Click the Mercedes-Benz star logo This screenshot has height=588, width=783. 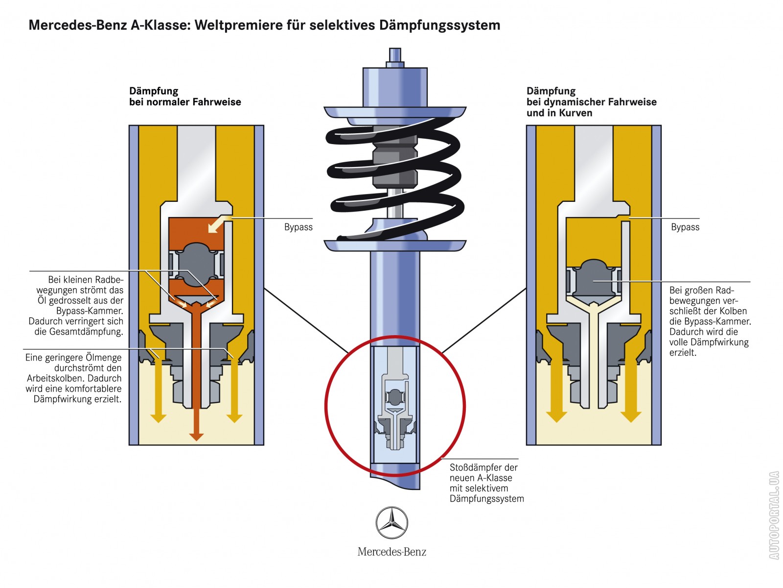[x=391, y=523]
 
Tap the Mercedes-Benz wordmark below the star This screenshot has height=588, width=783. [x=391, y=552]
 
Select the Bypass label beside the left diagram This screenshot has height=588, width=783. [x=298, y=227]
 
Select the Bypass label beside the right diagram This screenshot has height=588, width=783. [x=685, y=227]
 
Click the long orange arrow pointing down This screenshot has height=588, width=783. [x=196, y=372]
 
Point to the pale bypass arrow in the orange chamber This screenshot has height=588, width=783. [x=217, y=224]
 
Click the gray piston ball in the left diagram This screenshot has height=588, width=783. [x=196, y=265]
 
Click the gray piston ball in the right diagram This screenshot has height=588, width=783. [x=593, y=279]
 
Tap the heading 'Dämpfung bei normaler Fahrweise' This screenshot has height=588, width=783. [x=184, y=97]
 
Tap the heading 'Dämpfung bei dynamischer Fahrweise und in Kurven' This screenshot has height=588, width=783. [x=591, y=102]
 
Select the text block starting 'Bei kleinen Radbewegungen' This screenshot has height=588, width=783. [x=77, y=305]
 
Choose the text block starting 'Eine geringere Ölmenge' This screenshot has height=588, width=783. [x=73, y=378]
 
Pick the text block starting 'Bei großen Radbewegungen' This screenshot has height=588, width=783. [x=709, y=321]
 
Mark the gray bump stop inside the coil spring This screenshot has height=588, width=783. [x=394, y=162]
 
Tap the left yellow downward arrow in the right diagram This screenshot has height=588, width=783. [x=556, y=392]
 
